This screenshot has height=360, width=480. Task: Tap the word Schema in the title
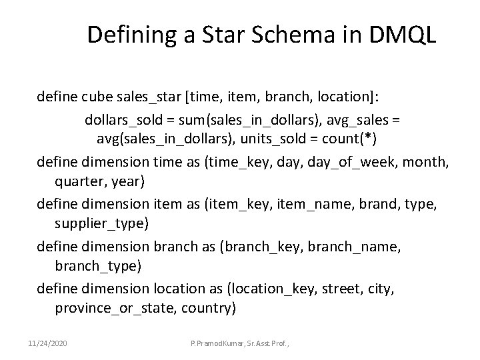(x=290, y=35)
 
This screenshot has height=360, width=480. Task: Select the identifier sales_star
(x=152, y=99)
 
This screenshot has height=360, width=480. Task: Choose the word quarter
(x=79, y=182)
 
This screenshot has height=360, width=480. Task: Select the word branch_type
(x=94, y=266)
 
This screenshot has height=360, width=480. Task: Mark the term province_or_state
(x=112, y=309)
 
